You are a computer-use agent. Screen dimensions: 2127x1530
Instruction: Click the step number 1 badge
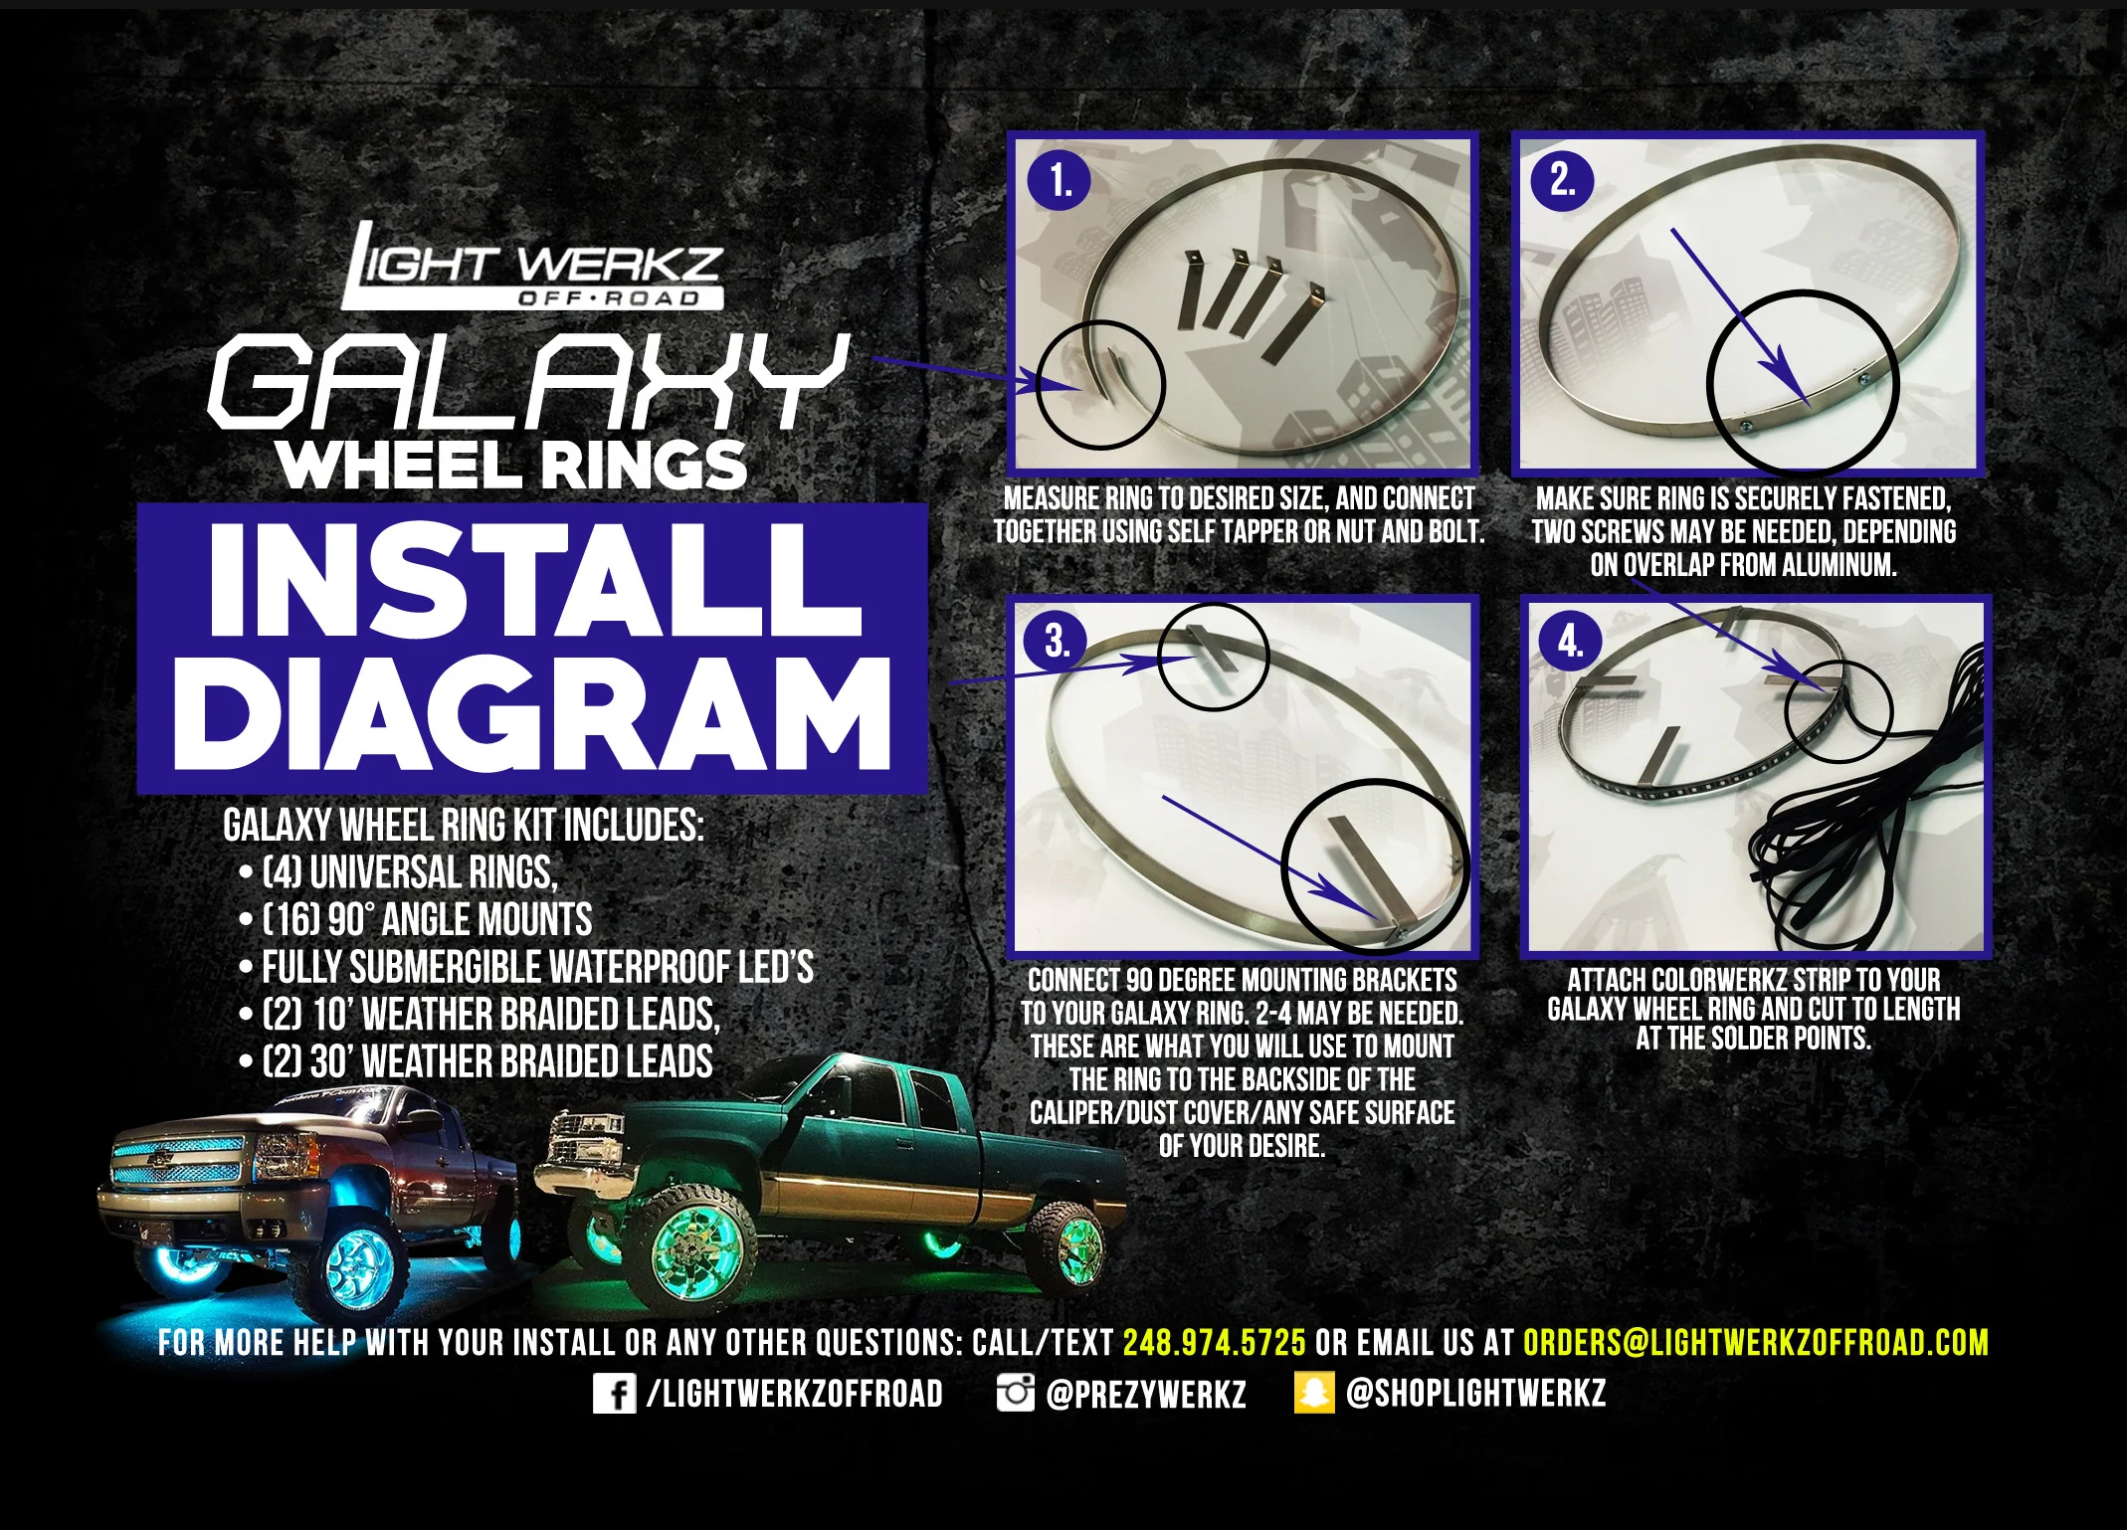tap(1061, 181)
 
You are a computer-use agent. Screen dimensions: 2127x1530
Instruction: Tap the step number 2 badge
tap(1563, 181)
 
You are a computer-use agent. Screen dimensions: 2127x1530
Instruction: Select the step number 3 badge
tap(1059, 642)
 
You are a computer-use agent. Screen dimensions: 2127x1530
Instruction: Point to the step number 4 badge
tap(1569, 642)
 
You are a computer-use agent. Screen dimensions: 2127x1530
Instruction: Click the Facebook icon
tap(614, 1393)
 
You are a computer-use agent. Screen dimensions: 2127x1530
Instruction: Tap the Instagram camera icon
tap(1015, 1393)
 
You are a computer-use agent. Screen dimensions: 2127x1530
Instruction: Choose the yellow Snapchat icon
tap(1313, 1393)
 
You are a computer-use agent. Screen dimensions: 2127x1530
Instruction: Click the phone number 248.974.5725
tap(1214, 1343)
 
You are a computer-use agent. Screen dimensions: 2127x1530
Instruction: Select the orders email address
tap(1756, 1343)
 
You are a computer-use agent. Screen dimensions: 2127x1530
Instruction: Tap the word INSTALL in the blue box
tap(534, 580)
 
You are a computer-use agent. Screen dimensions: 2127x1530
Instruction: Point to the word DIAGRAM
tap(532, 714)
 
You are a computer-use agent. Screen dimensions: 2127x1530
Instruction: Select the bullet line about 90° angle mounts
tap(416, 920)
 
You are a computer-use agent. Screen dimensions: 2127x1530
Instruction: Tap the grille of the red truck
tap(177, 1164)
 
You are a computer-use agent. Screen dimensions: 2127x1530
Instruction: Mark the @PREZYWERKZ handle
tap(1146, 1394)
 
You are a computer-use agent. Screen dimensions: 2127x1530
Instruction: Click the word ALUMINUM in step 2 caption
tap(1838, 565)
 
